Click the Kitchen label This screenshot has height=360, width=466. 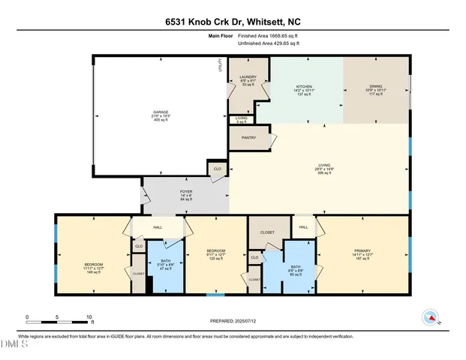[x=305, y=86]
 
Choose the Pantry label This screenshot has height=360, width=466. [x=249, y=138]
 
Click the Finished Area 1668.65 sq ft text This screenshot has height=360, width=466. [x=269, y=35]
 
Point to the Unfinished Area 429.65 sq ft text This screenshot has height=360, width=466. [x=269, y=43]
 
